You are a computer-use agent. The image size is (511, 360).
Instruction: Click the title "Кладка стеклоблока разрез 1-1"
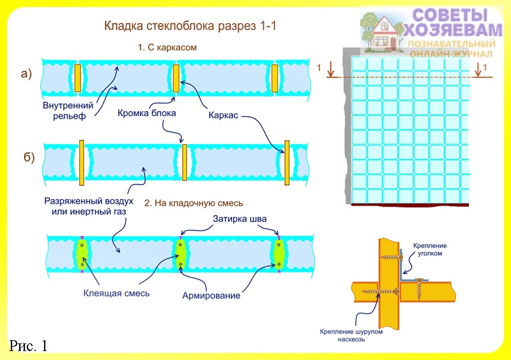tap(190, 26)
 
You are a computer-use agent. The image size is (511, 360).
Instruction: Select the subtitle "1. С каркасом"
tap(167, 48)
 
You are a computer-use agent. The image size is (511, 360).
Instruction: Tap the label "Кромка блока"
tap(147, 113)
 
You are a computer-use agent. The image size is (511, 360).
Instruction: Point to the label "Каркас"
tap(223, 116)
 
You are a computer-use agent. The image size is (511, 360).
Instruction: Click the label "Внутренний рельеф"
tap(68, 110)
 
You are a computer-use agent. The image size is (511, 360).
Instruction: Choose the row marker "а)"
tap(26, 74)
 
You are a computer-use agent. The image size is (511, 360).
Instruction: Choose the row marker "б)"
tap(29, 158)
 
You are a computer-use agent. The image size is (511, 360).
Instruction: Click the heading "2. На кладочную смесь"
tap(194, 203)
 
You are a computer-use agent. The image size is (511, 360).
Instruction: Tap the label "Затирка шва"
tap(240, 219)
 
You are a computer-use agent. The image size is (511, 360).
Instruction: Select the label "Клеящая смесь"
tap(116, 293)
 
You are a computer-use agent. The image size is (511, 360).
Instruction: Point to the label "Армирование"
tap(211, 296)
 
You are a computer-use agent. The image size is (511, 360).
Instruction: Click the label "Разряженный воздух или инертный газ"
tap(89, 206)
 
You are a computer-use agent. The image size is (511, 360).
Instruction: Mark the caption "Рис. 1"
tap(28, 346)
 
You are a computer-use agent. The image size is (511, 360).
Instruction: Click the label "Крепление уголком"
tap(430, 249)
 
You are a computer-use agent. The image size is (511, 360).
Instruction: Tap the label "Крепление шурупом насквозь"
tap(351, 336)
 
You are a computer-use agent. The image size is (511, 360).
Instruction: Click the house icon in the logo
tap(385, 34)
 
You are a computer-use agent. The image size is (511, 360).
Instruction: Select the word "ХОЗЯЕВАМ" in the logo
tap(453, 30)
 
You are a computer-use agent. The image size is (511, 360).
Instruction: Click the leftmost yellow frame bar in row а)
tap(77, 78)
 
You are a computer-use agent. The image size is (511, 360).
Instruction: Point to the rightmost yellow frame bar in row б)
tap(287, 163)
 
